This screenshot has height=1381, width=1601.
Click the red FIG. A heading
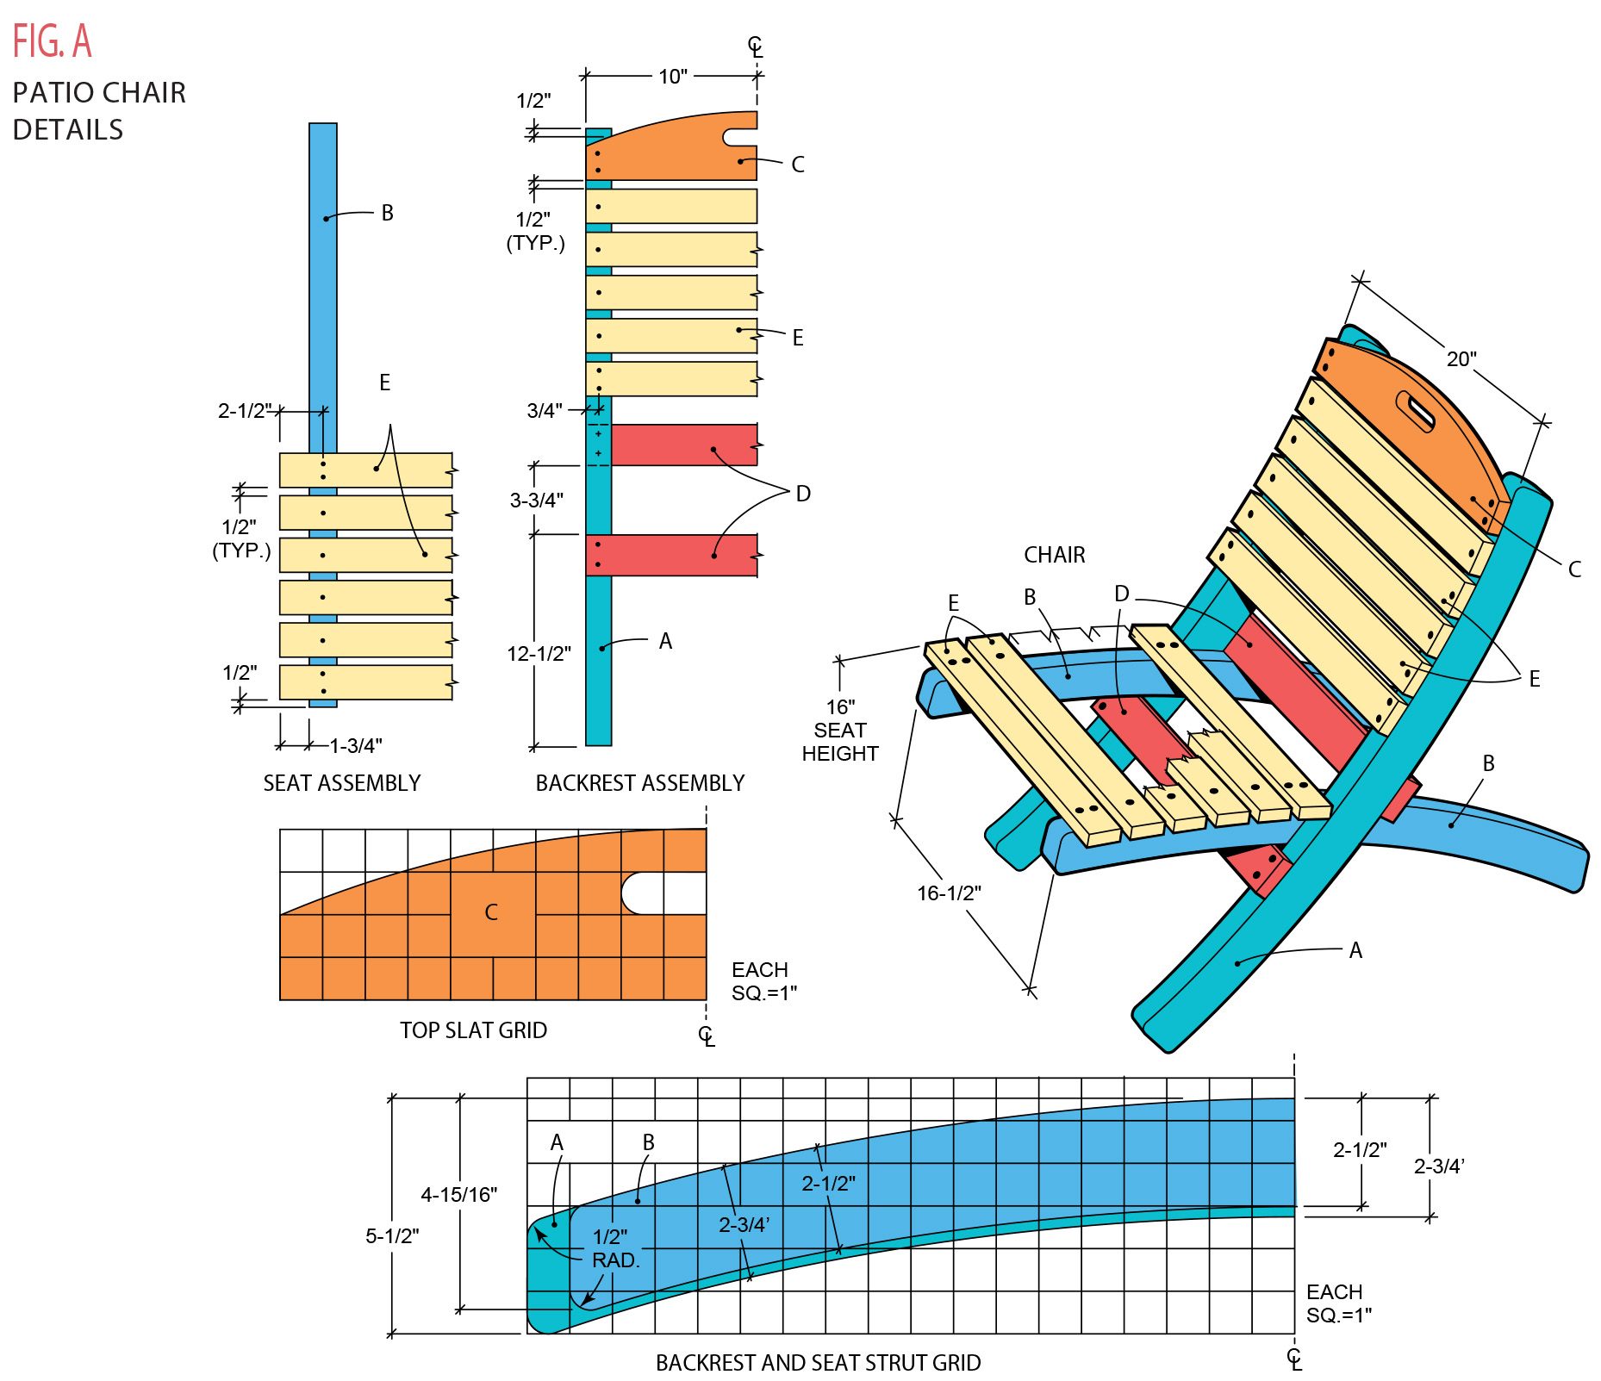pos(52,40)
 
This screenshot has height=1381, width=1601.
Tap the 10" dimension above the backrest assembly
pos(673,77)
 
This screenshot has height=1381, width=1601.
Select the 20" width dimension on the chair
pos(1461,359)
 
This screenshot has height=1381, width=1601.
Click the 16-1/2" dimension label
pos(949,893)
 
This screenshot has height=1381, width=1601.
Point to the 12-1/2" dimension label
pos(539,654)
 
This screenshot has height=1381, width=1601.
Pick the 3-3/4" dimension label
pos(536,500)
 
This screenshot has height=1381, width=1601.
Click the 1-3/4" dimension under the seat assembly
pos(356,745)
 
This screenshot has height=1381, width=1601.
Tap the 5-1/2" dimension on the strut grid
pos(392,1236)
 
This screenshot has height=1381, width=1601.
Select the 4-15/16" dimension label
pos(458,1195)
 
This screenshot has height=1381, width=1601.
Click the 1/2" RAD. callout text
pos(615,1248)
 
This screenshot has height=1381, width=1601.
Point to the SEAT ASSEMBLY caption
pos(342,783)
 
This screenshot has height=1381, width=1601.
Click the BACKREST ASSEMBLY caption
pos(640,783)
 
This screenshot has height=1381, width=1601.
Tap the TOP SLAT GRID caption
pos(473,1030)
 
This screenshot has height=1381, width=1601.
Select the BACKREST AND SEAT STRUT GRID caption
pos(818,1363)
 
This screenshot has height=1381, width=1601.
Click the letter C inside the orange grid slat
pos(491,912)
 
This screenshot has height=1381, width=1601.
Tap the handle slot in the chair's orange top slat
pos(1416,411)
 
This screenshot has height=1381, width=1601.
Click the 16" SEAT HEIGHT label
pos(840,731)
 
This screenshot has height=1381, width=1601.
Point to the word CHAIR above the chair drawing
pos(1055,555)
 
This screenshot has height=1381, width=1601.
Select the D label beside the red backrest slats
pos(803,494)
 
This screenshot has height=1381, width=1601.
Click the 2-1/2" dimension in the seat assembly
pos(244,411)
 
